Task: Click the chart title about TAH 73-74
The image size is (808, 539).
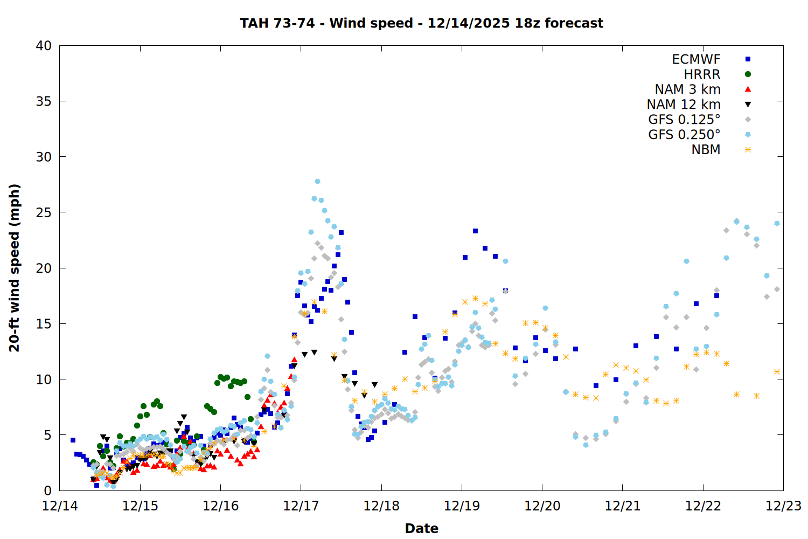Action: [421, 23]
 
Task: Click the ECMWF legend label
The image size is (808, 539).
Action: [696, 59]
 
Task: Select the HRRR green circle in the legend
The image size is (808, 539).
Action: [748, 74]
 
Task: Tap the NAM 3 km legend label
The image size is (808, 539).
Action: [687, 89]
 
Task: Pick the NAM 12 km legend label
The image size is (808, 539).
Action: [684, 105]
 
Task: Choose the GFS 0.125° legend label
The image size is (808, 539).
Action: [684, 120]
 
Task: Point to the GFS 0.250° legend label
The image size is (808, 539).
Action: [684, 135]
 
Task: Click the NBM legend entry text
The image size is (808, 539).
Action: [706, 150]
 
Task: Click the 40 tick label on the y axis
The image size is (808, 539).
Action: [44, 46]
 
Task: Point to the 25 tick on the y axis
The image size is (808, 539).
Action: [44, 212]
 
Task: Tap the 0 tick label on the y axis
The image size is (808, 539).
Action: [48, 490]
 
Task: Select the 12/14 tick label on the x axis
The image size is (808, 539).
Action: [59, 506]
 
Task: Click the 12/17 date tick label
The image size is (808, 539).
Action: [301, 506]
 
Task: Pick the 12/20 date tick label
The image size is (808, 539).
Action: [542, 506]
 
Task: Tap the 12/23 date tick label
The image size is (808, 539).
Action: [783, 506]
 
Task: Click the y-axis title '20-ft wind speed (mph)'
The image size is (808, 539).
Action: [15, 268]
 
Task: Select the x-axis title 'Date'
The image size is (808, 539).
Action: [421, 528]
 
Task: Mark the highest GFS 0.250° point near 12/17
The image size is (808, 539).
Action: [317, 182]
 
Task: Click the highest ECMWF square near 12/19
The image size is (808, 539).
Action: [475, 231]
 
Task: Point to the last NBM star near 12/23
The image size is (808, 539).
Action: [777, 372]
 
